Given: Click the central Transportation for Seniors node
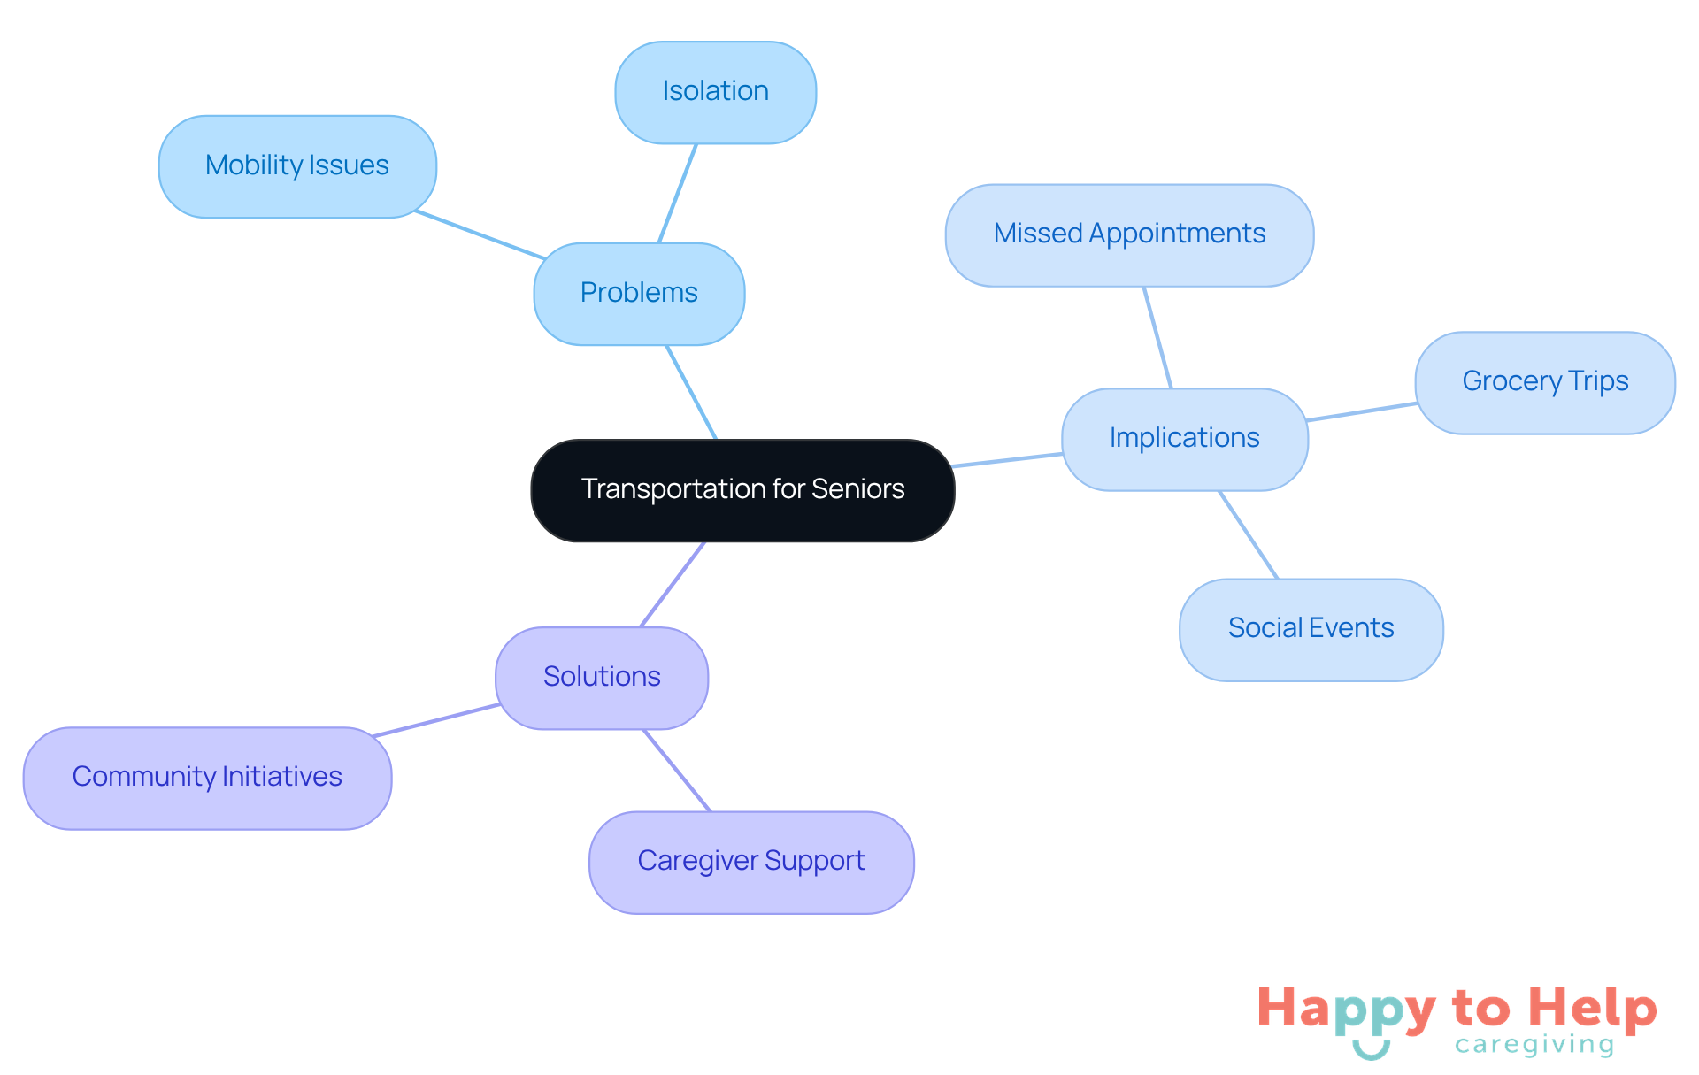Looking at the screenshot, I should [x=742, y=489].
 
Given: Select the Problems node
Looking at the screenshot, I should [x=639, y=293].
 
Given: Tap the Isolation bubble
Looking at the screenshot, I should [x=715, y=91].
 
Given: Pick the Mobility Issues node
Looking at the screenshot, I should [x=297, y=165].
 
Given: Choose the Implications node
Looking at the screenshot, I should [x=1184, y=438].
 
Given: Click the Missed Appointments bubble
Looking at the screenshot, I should [x=1129, y=234].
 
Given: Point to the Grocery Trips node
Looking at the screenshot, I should [x=1545, y=382].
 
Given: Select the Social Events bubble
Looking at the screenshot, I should [x=1311, y=629].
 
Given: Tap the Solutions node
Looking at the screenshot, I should [x=602, y=677].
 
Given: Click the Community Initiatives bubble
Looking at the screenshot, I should [x=207, y=777].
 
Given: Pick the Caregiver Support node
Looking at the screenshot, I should [x=751, y=862].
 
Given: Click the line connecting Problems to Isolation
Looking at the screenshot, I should [x=678, y=193].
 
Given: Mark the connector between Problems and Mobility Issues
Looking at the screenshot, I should [x=480, y=235].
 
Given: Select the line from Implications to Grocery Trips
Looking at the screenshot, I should [x=1362, y=411].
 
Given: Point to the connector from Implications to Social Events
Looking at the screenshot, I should [x=1249, y=534].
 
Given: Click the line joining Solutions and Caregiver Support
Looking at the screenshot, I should [x=677, y=770].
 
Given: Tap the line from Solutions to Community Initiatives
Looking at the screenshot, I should [x=437, y=720].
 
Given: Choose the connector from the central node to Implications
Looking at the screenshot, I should [x=1008, y=460].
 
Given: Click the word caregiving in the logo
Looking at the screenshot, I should [x=1534, y=1045].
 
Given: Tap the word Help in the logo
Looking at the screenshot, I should [x=1592, y=1009].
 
